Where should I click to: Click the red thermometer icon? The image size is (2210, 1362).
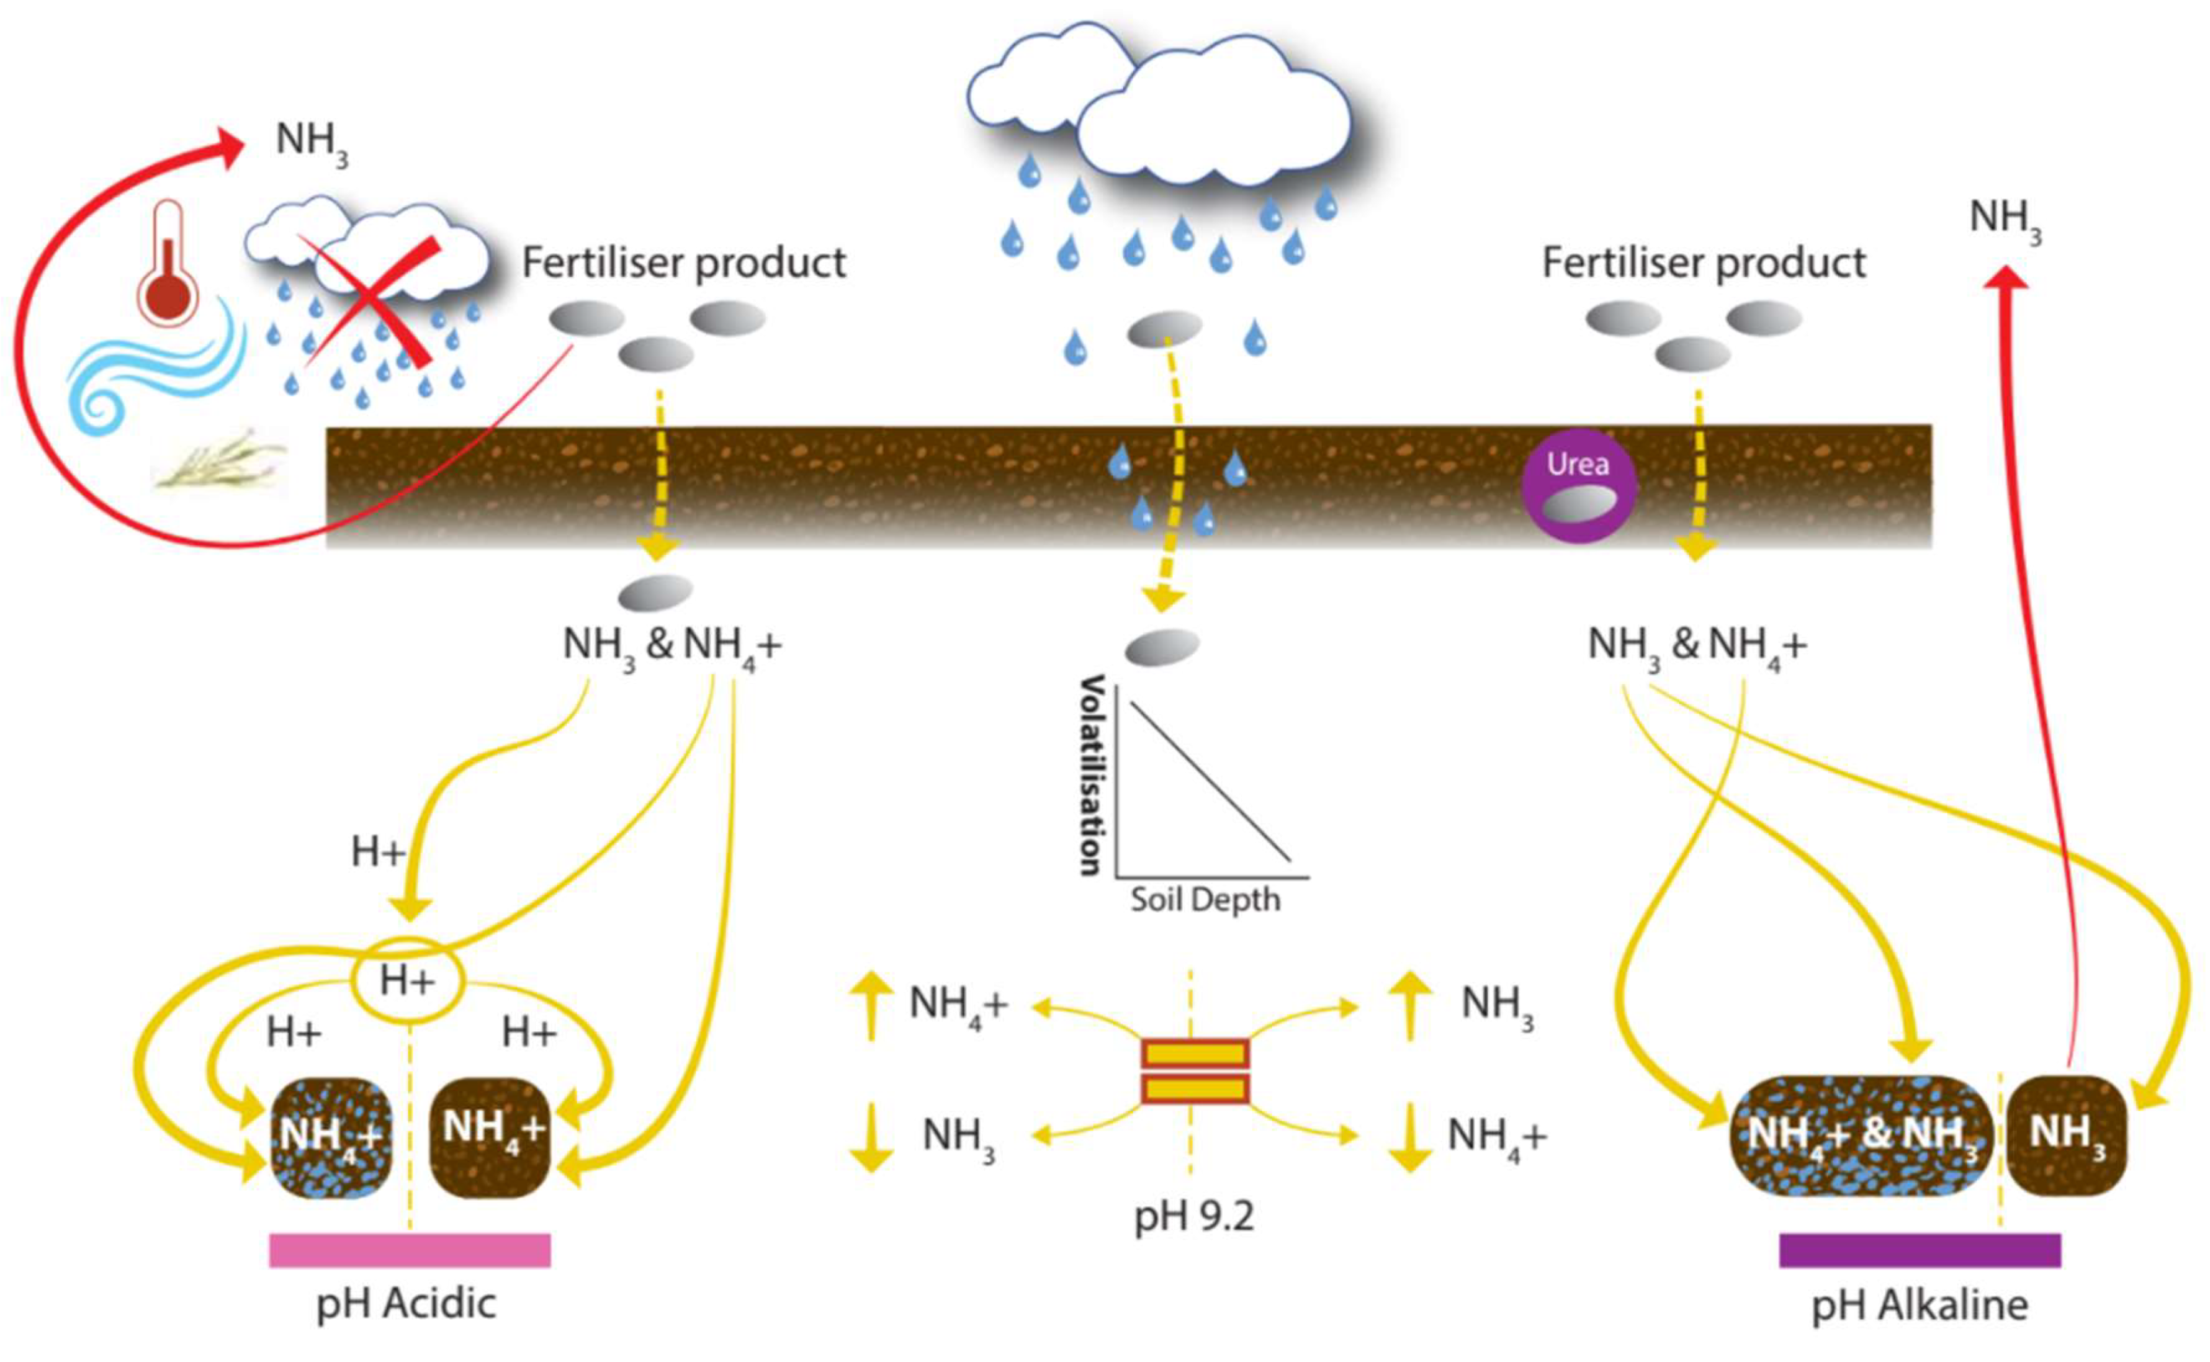(168, 264)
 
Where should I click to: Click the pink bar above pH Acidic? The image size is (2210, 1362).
(410, 1250)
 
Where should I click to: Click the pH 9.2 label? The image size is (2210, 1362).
(1193, 1217)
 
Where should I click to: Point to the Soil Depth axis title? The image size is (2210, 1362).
(1205, 899)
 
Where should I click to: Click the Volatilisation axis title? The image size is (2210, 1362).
(1092, 774)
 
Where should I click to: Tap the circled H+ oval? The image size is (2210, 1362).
(407, 980)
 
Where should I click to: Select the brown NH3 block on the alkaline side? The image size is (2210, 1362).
(2066, 1135)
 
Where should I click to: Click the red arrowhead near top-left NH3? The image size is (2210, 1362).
(230, 149)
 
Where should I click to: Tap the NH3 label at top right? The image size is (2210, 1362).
(2005, 219)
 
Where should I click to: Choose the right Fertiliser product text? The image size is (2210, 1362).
(1704, 263)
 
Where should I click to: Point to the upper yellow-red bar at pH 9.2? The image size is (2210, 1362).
(1195, 1053)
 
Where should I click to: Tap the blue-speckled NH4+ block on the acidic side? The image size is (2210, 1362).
(331, 1137)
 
